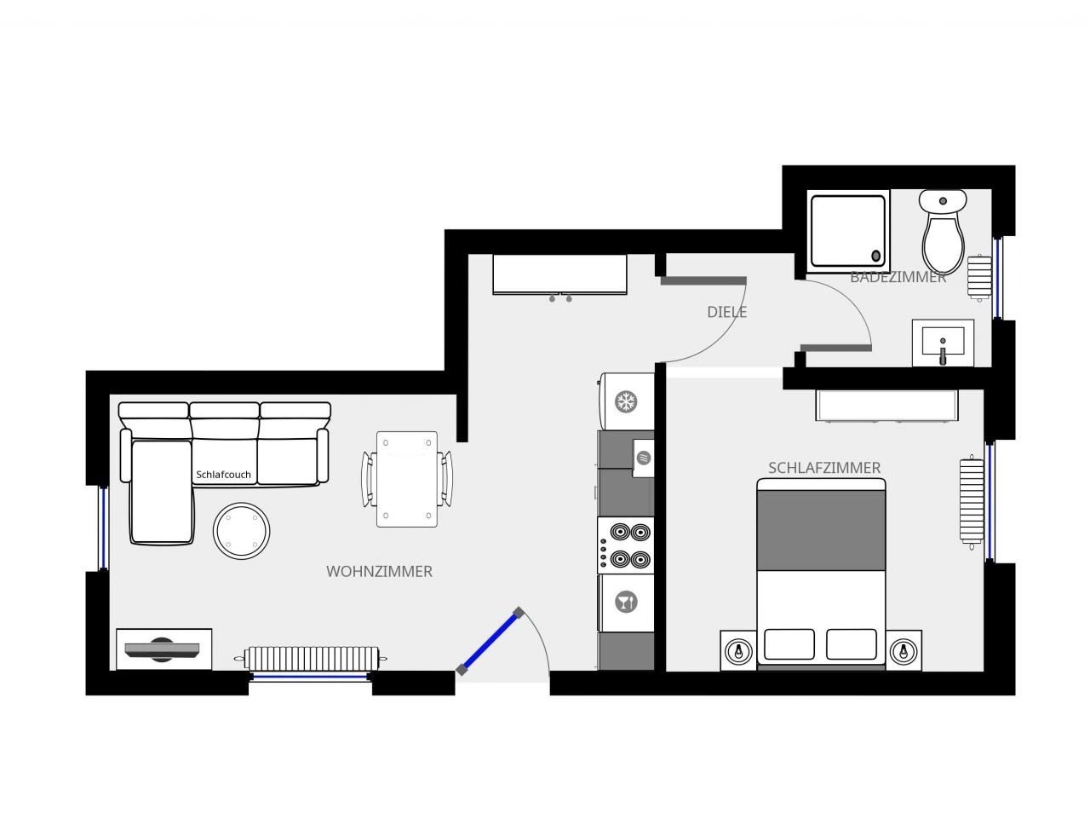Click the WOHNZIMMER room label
click(x=379, y=572)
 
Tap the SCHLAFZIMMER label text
click(x=823, y=468)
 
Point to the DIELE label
click(x=726, y=312)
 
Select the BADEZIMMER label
click(x=898, y=277)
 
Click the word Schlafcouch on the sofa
click(x=223, y=475)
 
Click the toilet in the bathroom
click(x=943, y=231)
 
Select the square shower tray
click(x=848, y=231)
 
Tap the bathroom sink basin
click(x=943, y=343)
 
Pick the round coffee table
click(x=241, y=531)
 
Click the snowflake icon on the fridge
click(x=626, y=401)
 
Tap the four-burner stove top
click(x=626, y=545)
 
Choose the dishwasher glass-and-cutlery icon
click(x=626, y=603)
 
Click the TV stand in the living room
click(x=163, y=649)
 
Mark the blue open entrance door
click(x=490, y=642)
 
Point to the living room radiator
click(x=311, y=659)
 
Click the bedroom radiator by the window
click(x=972, y=503)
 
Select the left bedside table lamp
click(x=738, y=651)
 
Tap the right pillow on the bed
click(x=852, y=644)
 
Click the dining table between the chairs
click(x=407, y=479)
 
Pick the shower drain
click(x=876, y=256)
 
